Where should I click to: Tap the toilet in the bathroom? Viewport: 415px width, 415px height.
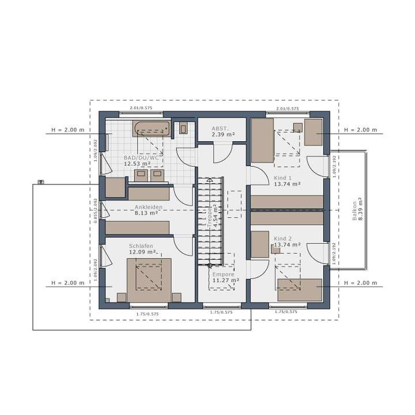pos(183,129)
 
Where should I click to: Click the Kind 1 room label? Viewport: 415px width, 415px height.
pos(283,178)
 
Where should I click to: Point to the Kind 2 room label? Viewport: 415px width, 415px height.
pos(283,238)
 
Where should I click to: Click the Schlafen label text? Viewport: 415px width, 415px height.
pos(141,246)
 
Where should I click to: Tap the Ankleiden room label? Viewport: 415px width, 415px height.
pos(148,206)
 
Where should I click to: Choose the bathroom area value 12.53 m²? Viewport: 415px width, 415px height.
pos(137,164)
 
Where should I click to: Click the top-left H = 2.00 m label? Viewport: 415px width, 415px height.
pos(67,130)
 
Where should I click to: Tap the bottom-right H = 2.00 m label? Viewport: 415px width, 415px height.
pos(360,283)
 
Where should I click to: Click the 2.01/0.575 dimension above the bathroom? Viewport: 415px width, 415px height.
pos(141,108)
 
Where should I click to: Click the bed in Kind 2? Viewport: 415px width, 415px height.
pos(300,289)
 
